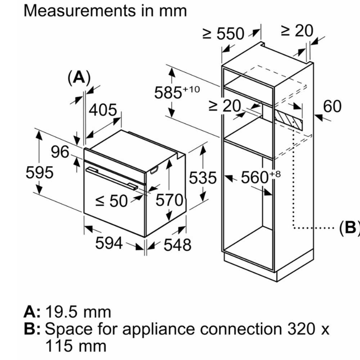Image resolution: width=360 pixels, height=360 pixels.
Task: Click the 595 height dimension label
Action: (x=40, y=173)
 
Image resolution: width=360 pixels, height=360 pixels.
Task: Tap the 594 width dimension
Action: (x=109, y=244)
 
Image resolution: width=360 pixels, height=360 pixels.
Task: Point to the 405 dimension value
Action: (x=103, y=110)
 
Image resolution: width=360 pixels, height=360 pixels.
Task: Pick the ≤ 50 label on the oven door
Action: (x=112, y=201)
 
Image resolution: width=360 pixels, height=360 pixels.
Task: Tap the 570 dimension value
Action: (x=169, y=200)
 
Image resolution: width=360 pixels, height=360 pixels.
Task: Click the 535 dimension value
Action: (x=203, y=178)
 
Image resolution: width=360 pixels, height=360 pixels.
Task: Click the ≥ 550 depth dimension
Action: (x=223, y=34)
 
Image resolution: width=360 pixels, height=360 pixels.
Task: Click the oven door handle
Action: (x=112, y=178)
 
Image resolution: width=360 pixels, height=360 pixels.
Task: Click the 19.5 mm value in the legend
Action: (x=78, y=312)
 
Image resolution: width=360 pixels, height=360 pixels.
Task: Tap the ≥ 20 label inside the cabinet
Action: (x=225, y=106)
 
